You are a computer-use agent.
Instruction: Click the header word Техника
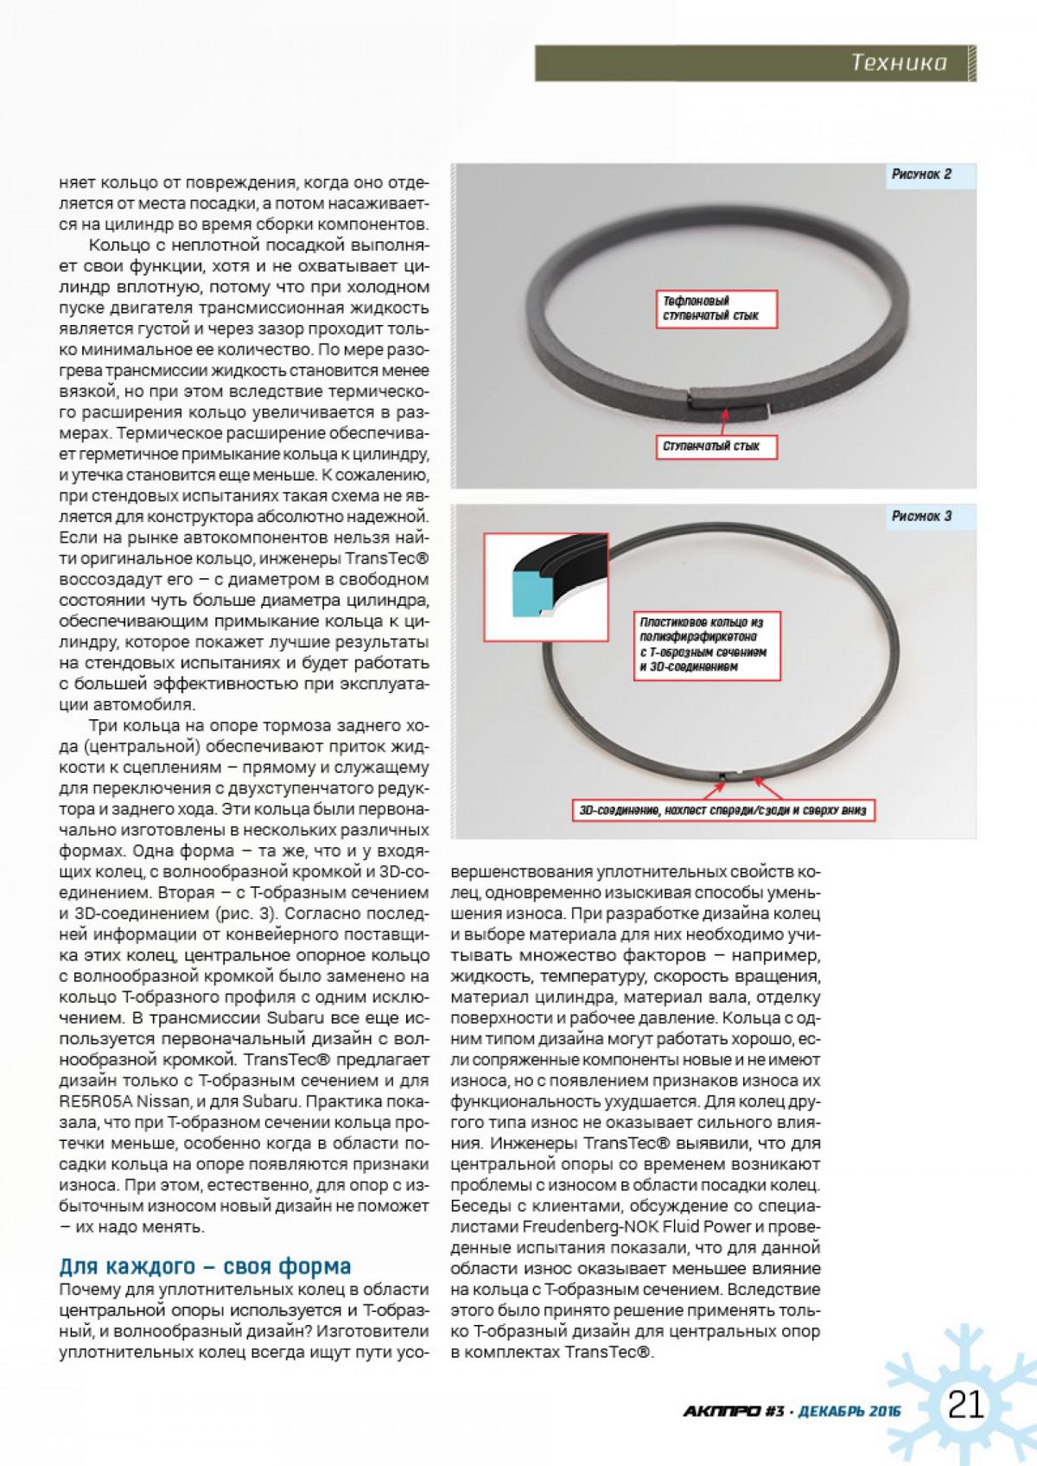(x=898, y=62)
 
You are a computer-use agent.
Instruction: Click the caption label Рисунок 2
(x=921, y=175)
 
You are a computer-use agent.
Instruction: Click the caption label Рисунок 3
(x=921, y=516)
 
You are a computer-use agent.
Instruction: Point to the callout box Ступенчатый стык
(x=711, y=446)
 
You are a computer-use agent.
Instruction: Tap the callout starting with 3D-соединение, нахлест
(x=722, y=811)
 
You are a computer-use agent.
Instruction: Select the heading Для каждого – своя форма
(x=205, y=1266)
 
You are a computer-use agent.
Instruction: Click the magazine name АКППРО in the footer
(x=722, y=1412)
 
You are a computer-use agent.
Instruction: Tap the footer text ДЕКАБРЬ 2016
(x=849, y=1412)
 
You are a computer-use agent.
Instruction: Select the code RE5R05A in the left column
(x=94, y=1101)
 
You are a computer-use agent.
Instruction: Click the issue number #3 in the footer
(x=773, y=1412)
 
